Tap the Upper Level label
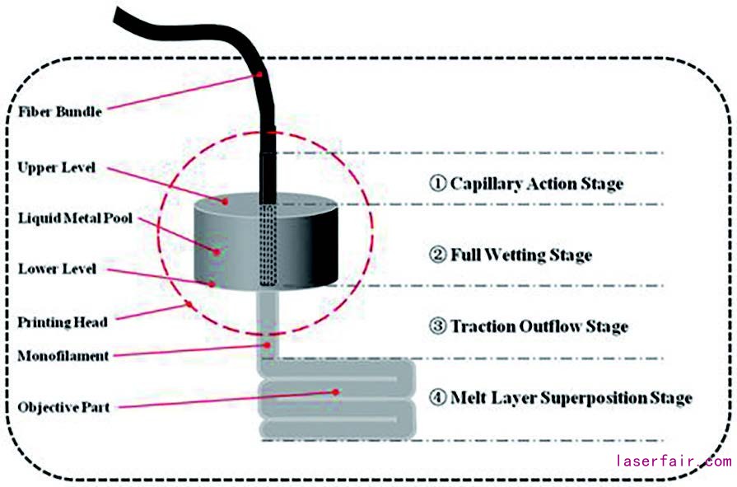[x=56, y=167]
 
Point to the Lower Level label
[x=56, y=269]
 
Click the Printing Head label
[x=62, y=322]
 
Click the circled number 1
[x=438, y=183]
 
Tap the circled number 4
[x=438, y=398]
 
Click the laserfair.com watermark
[x=673, y=461]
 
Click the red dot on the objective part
[x=336, y=391]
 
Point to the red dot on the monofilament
[x=266, y=344]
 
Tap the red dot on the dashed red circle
[x=190, y=305]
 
